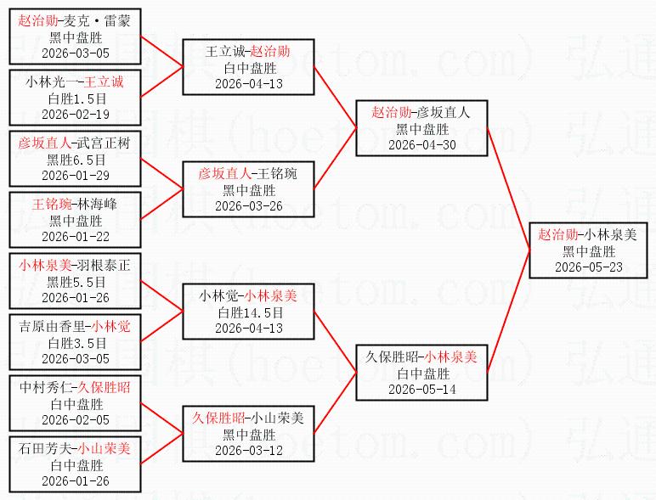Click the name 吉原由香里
tap(53, 326)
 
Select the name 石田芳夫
tap(45, 448)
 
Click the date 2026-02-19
tap(76, 114)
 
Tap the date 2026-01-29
tap(76, 175)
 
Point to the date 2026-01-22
tap(76, 236)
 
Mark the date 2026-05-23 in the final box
tap(589, 267)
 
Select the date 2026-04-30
tap(422, 144)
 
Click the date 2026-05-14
tap(422, 389)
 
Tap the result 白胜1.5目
tap(77, 98)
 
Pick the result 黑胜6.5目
tap(76, 160)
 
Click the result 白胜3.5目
tap(77, 343)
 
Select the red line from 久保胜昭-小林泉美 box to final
tap(509, 311)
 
